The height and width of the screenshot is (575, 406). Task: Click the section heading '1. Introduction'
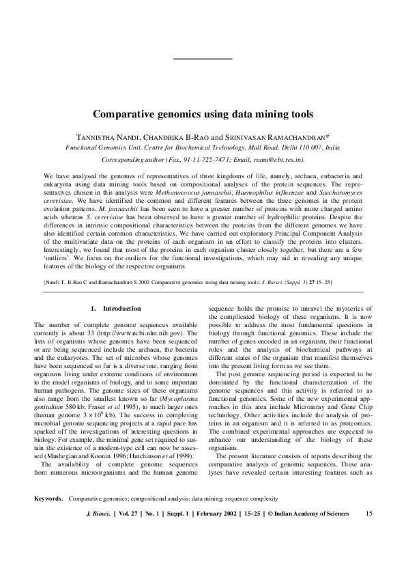click(117, 309)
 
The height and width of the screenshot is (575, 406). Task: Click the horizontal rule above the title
click(203, 59)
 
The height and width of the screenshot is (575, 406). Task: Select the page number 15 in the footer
click(369, 533)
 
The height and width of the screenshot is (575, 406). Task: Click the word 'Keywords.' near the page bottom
click(49, 517)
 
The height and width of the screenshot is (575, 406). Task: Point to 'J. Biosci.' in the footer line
click(95, 533)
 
